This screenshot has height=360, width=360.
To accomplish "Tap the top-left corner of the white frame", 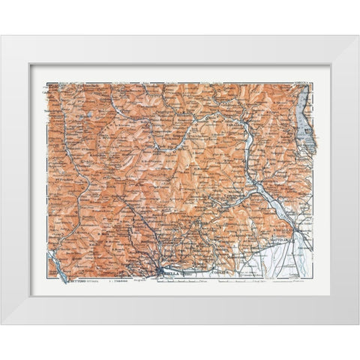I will pyautogui.click(x=1, y=36).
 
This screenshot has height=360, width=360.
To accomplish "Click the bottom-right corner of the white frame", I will pyautogui.click(x=358, y=324).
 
